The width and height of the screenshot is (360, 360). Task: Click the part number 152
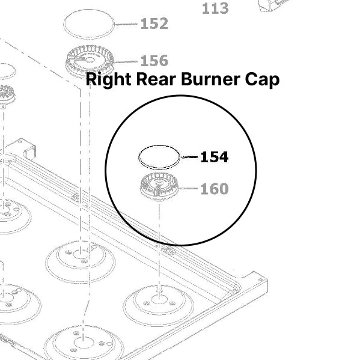pos(154,24)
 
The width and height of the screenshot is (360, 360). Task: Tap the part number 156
pos(154,61)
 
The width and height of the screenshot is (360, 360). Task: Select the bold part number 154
pos(214,157)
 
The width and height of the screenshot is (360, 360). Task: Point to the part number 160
pos(214,189)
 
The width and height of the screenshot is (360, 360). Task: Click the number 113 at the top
pos(215,8)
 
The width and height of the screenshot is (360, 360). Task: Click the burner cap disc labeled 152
pos(89,25)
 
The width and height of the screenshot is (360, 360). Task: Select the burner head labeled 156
pos(89,63)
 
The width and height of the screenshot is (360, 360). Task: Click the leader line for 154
pos(189,157)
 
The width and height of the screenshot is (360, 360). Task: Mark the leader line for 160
pos(189,189)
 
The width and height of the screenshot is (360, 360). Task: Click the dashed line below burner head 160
pos(159,240)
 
